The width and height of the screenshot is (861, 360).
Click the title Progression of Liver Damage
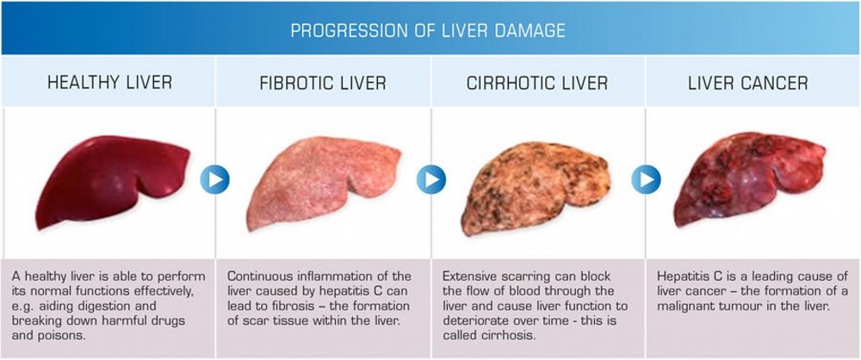tap(428, 31)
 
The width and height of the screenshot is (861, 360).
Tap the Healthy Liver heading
tap(109, 83)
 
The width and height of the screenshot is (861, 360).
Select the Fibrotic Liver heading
tap(323, 84)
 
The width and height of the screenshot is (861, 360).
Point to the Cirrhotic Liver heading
tap(537, 84)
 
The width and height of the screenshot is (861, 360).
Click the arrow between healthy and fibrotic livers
tap(214, 180)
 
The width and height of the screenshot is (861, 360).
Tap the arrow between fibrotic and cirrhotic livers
tap(430, 180)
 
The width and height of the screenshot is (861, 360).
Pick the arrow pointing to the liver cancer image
tap(645, 180)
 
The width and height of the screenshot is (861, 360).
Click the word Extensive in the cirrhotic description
tap(473, 276)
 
